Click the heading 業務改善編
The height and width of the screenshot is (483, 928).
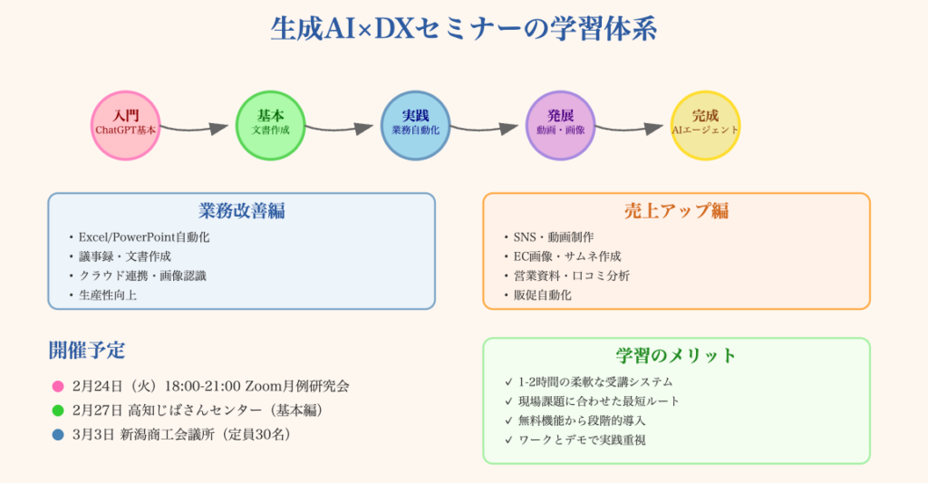coord(241,211)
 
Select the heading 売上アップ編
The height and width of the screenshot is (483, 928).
coord(676,211)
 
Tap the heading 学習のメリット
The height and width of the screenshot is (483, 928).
coord(676,355)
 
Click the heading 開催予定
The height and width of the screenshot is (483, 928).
coord(87,350)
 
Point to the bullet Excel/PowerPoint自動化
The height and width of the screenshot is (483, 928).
coord(143,237)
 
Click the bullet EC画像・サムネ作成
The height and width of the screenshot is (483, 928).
coord(566,256)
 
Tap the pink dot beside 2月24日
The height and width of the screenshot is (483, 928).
coord(59,386)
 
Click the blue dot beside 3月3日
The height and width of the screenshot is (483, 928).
coord(59,433)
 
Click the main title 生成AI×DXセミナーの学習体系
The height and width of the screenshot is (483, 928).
coord(463,29)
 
